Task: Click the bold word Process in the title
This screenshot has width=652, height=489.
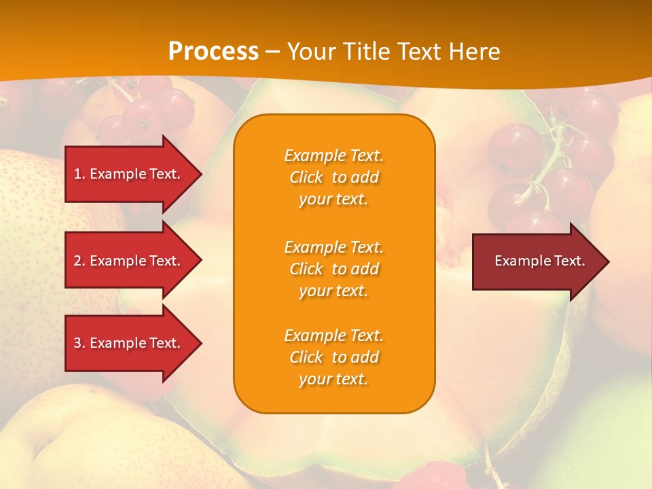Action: tap(213, 51)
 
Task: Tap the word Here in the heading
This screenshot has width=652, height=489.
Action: tap(474, 51)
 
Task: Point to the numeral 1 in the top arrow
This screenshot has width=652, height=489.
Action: tap(77, 175)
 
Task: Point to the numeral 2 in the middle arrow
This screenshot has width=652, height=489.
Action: tap(77, 261)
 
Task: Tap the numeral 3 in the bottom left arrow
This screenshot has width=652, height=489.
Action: tap(77, 343)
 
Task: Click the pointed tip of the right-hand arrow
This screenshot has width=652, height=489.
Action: tap(606, 261)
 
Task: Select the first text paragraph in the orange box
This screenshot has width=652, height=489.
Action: tap(333, 177)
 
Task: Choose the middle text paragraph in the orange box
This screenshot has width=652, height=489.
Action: tap(333, 269)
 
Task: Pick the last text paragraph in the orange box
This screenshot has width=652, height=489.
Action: tap(333, 357)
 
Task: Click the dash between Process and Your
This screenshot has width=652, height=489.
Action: tap(273, 51)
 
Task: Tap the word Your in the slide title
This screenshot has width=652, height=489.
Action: tap(313, 51)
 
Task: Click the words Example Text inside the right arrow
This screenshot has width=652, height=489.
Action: tap(539, 261)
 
